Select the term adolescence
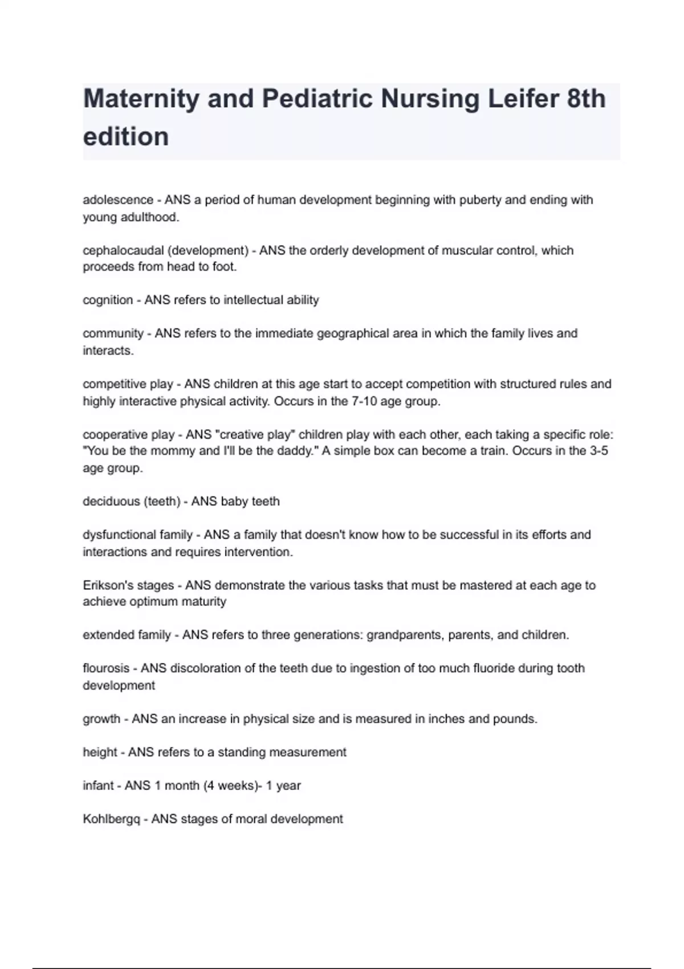(118, 200)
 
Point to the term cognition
(108, 300)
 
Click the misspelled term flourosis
(106, 669)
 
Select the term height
(100, 752)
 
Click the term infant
(98, 786)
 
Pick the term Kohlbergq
(111, 820)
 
